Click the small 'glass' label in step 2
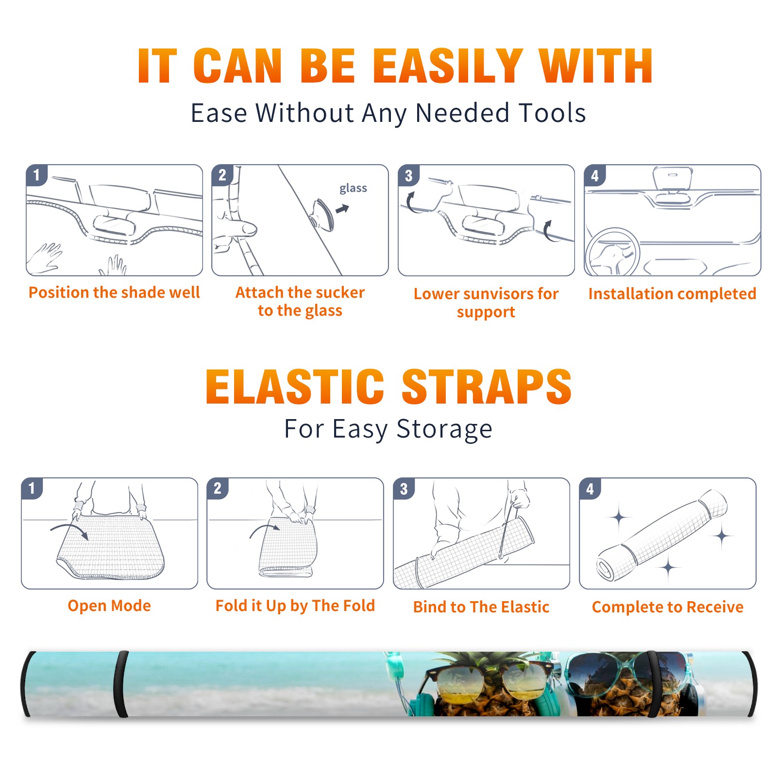[353, 188]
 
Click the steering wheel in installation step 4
[612, 252]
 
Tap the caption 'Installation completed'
[672, 294]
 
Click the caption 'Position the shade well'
[114, 292]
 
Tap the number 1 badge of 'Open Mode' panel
[32, 488]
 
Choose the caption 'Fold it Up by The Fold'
[295, 606]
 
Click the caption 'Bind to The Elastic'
[481, 607]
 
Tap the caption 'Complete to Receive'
[668, 607]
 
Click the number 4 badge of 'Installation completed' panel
[595, 176]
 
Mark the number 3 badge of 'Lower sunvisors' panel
[408, 176]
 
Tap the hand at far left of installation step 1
[45, 259]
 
